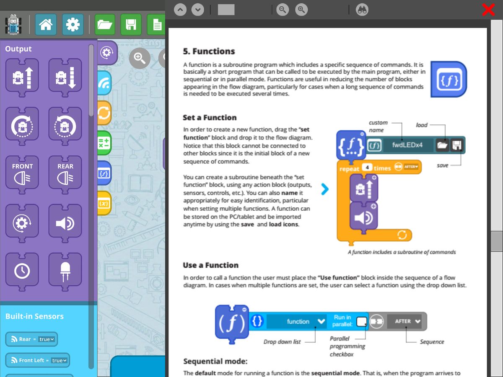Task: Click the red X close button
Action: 488,9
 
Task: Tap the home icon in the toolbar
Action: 46,25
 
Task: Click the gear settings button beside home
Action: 73,25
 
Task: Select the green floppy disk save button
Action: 131,25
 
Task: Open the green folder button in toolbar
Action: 105,25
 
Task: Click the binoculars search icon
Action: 362,9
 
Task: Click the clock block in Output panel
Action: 22,271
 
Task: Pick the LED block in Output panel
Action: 65,271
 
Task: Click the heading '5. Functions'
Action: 209,52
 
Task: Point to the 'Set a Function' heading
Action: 210,118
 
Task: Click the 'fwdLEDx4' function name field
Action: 407,145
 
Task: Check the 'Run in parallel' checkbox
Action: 361,322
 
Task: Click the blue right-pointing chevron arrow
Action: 325,189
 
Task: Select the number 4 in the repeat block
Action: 367,168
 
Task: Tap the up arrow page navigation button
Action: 180,9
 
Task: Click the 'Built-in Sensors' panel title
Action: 34,316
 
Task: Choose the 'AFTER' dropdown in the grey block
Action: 407,321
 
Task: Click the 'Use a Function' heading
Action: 210,265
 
